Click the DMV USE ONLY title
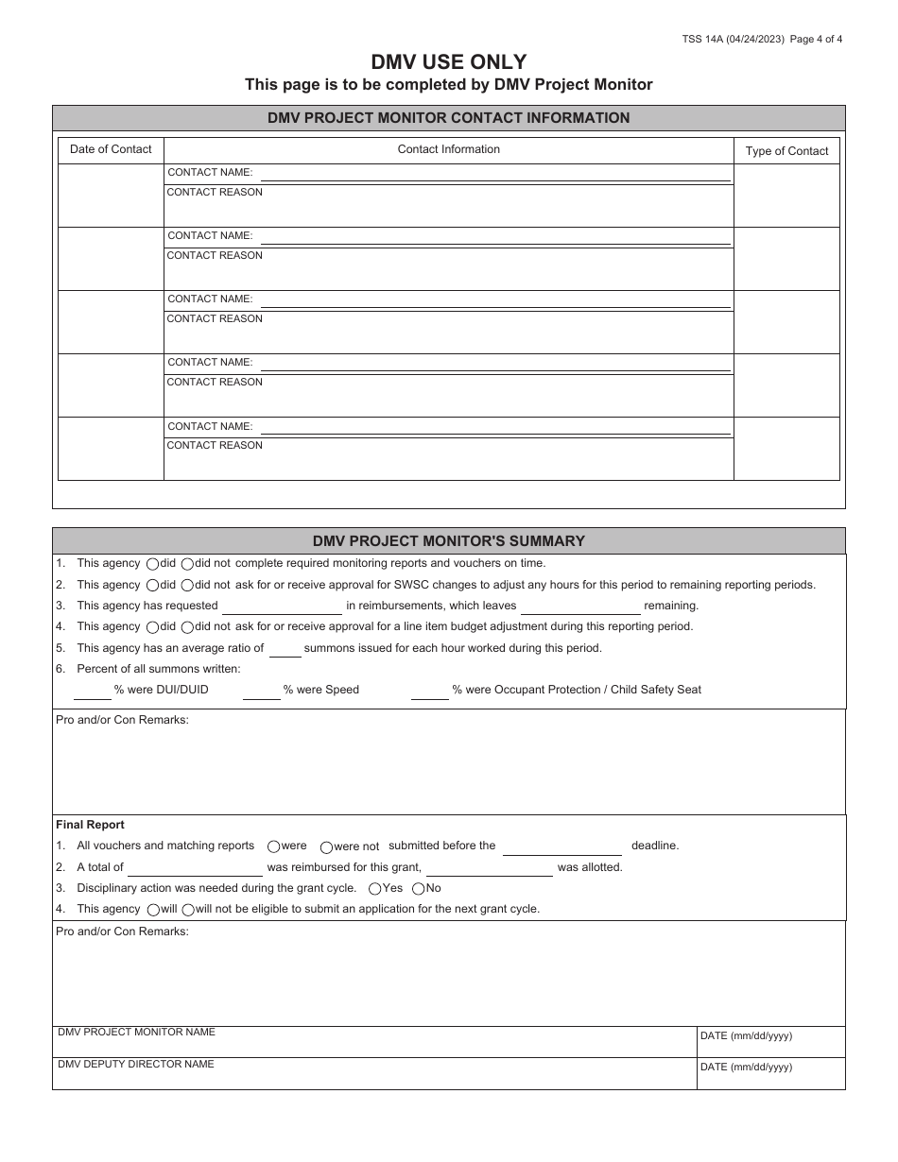(x=448, y=62)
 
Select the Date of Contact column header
(x=111, y=149)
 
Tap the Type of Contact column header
(x=786, y=151)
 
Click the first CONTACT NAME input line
(x=495, y=174)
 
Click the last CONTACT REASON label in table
(x=215, y=445)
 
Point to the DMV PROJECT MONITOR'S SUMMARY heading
(x=448, y=541)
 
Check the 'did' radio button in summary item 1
(x=153, y=564)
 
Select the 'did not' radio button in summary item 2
(x=187, y=586)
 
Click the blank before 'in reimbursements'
(x=282, y=607)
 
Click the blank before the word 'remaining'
(x=580, y=607)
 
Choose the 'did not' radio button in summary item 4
(x=187, y=627)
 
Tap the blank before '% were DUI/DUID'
(x=93, y=692)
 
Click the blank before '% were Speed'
(x=262, y=692)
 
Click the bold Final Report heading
(x=90, y=825)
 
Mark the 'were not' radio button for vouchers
(x=326, y=847)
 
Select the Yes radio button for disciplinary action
(x=375, y=889)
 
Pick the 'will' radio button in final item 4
(x=153, y=910)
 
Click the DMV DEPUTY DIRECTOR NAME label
(x=136, y=1065)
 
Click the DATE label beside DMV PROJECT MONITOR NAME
(x=746, y=1036)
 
